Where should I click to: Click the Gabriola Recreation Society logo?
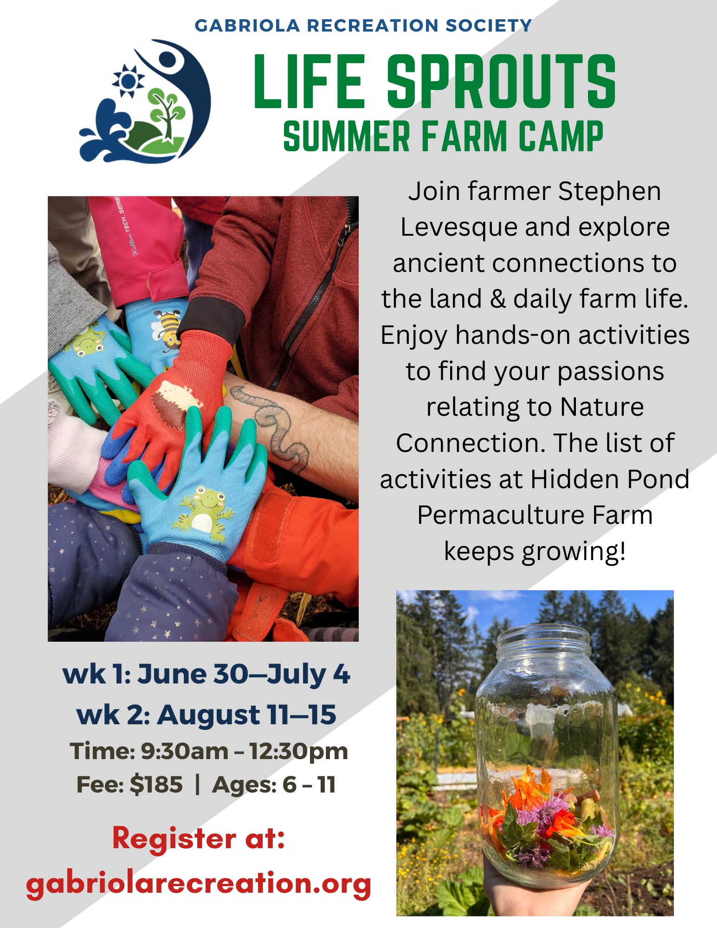click(x=145, y=101)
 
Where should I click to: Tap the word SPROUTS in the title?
click(x=502, y=81)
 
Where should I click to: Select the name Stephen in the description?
click(x=609, y=191)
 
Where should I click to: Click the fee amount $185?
click(x=156, y=784)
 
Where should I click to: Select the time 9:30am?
click(x=184, y=751)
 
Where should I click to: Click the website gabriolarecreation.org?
click(x=199, y=883)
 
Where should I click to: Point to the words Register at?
click(x=199, y=839)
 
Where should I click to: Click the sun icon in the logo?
click(x=129, y=81)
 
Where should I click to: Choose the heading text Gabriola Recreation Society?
click(x=363, y=25)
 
